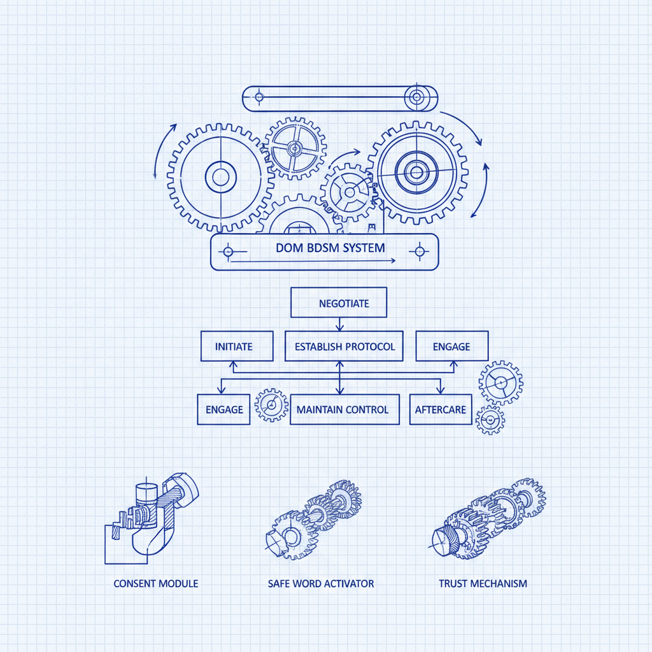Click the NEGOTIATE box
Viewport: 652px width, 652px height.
point(339,302)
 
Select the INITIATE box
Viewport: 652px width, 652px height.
point(237,346)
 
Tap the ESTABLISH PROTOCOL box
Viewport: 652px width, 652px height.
point(344,346)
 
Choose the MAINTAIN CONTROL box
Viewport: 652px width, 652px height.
point(344,409)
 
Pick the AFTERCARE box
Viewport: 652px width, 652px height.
point(441,409)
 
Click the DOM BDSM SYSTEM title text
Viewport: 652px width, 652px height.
point(330,248)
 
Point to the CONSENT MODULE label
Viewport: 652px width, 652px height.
point(156,584)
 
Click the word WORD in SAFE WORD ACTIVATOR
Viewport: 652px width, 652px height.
point(306,584)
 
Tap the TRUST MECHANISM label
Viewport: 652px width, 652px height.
point(483,584)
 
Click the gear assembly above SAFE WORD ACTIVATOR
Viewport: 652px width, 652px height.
point(313,520)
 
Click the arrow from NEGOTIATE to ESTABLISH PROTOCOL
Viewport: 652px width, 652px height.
point(340,324)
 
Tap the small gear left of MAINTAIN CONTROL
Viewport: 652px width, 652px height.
point(271,404)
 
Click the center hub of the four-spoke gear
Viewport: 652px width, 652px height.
point(295,148)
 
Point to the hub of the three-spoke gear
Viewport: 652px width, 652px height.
point(350,192)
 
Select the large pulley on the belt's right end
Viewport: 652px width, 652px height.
point(416,97)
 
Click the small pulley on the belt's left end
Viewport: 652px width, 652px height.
point(259,97)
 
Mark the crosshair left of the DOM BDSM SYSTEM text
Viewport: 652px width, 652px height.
point(228,252)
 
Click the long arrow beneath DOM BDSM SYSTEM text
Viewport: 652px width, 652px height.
point(313,260)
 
